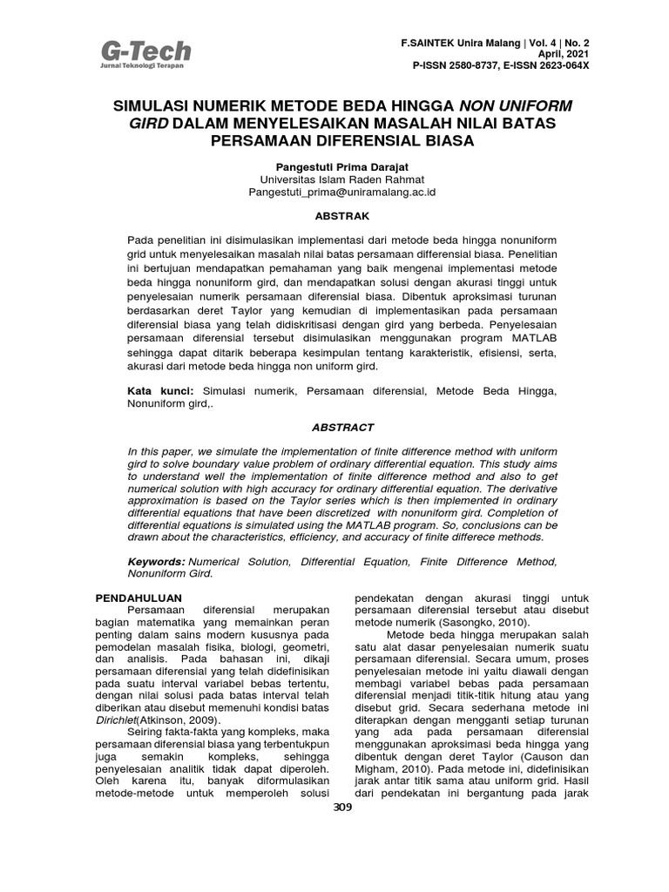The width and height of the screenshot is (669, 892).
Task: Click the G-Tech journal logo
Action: tap(143, 54)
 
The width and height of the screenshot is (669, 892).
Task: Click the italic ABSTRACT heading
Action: tap(341, 428)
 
